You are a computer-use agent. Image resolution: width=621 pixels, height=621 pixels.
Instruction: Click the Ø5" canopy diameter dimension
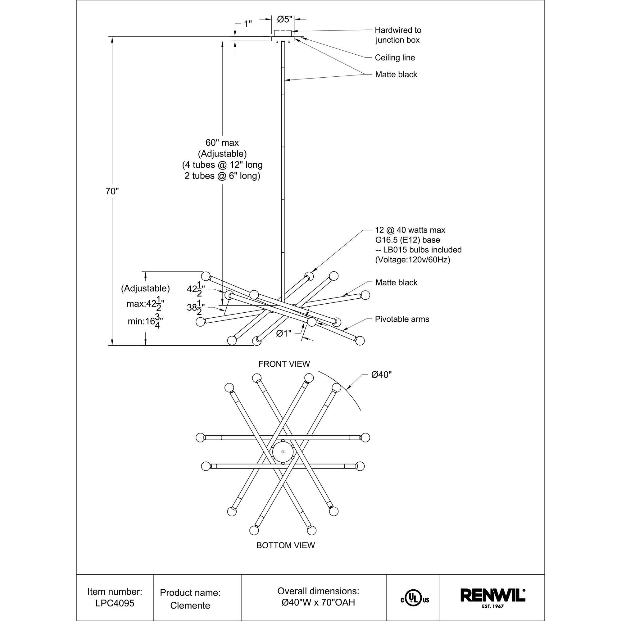[x=285, y=19]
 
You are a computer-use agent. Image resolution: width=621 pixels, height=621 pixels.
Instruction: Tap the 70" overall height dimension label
[x=112, y=191]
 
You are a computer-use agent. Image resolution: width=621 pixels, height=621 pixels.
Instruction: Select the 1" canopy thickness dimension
[x=247, y=24]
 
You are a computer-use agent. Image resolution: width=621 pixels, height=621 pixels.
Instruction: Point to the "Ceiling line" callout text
[x=395, y=57]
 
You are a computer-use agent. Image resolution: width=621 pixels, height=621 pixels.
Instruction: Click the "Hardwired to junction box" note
[x=398, y=35]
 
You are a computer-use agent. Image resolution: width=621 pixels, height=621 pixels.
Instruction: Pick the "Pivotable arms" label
[x=402, y=319]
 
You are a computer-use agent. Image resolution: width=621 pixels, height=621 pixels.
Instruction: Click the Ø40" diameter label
[x=381, y=375]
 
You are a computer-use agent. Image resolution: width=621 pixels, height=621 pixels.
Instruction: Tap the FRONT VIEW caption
[x=284, y=364]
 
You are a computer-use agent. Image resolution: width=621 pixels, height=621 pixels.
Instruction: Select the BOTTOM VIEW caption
[x=286, y=546]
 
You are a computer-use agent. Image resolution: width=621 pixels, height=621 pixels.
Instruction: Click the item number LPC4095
[x=115, y=603]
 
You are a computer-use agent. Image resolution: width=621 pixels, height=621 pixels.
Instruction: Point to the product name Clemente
[x=190, y=605]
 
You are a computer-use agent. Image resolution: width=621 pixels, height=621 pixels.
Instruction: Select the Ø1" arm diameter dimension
[x=284, y=334]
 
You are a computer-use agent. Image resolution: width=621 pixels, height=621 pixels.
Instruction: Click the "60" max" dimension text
[x=222, y=143]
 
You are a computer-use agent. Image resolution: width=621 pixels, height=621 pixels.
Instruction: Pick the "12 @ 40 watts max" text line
[x=410, y=230]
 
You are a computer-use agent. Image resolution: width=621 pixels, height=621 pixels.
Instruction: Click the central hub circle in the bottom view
[x=283, y=451]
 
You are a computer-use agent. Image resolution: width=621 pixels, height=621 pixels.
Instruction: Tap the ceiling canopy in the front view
[x=283, y=36]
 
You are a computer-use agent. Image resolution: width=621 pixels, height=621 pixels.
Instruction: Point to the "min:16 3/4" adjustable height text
[x=145, y=321]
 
